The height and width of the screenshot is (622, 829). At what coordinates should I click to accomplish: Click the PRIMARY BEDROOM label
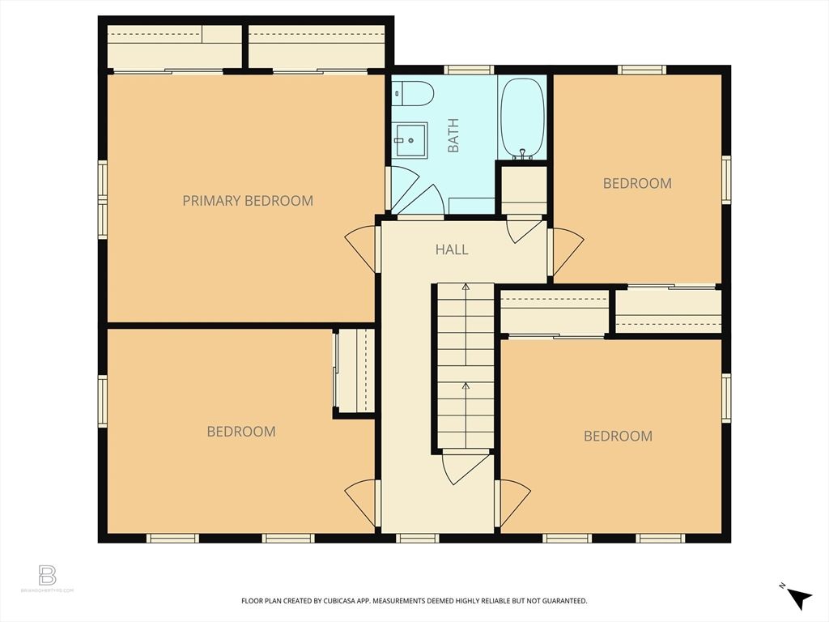[x=247, y=201]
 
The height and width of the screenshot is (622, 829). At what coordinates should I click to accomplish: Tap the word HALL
[x=452, y=249]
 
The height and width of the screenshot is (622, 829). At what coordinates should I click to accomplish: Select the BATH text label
[x=453, y=135]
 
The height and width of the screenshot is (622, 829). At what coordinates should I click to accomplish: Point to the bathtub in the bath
[x=522, y=117]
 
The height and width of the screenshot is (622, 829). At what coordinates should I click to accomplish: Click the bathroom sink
[x=411, y=140]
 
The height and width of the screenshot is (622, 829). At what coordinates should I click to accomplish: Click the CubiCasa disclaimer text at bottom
[x=414, y=601]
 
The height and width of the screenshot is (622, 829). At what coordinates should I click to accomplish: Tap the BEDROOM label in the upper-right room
[x=637, y=183]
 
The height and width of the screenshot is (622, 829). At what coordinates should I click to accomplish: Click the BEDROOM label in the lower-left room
[x=241, y=432]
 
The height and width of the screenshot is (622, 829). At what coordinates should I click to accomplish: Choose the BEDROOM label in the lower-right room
[x=618, y=437]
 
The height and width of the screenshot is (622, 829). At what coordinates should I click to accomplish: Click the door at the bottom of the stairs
[x=464, y=467]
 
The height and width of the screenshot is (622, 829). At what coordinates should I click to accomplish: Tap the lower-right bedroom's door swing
[x=513, y=501]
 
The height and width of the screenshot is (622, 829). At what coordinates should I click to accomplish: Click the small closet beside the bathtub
[x=522, y=190]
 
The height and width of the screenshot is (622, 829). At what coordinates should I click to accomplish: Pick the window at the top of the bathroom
[x=470, y=70]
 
